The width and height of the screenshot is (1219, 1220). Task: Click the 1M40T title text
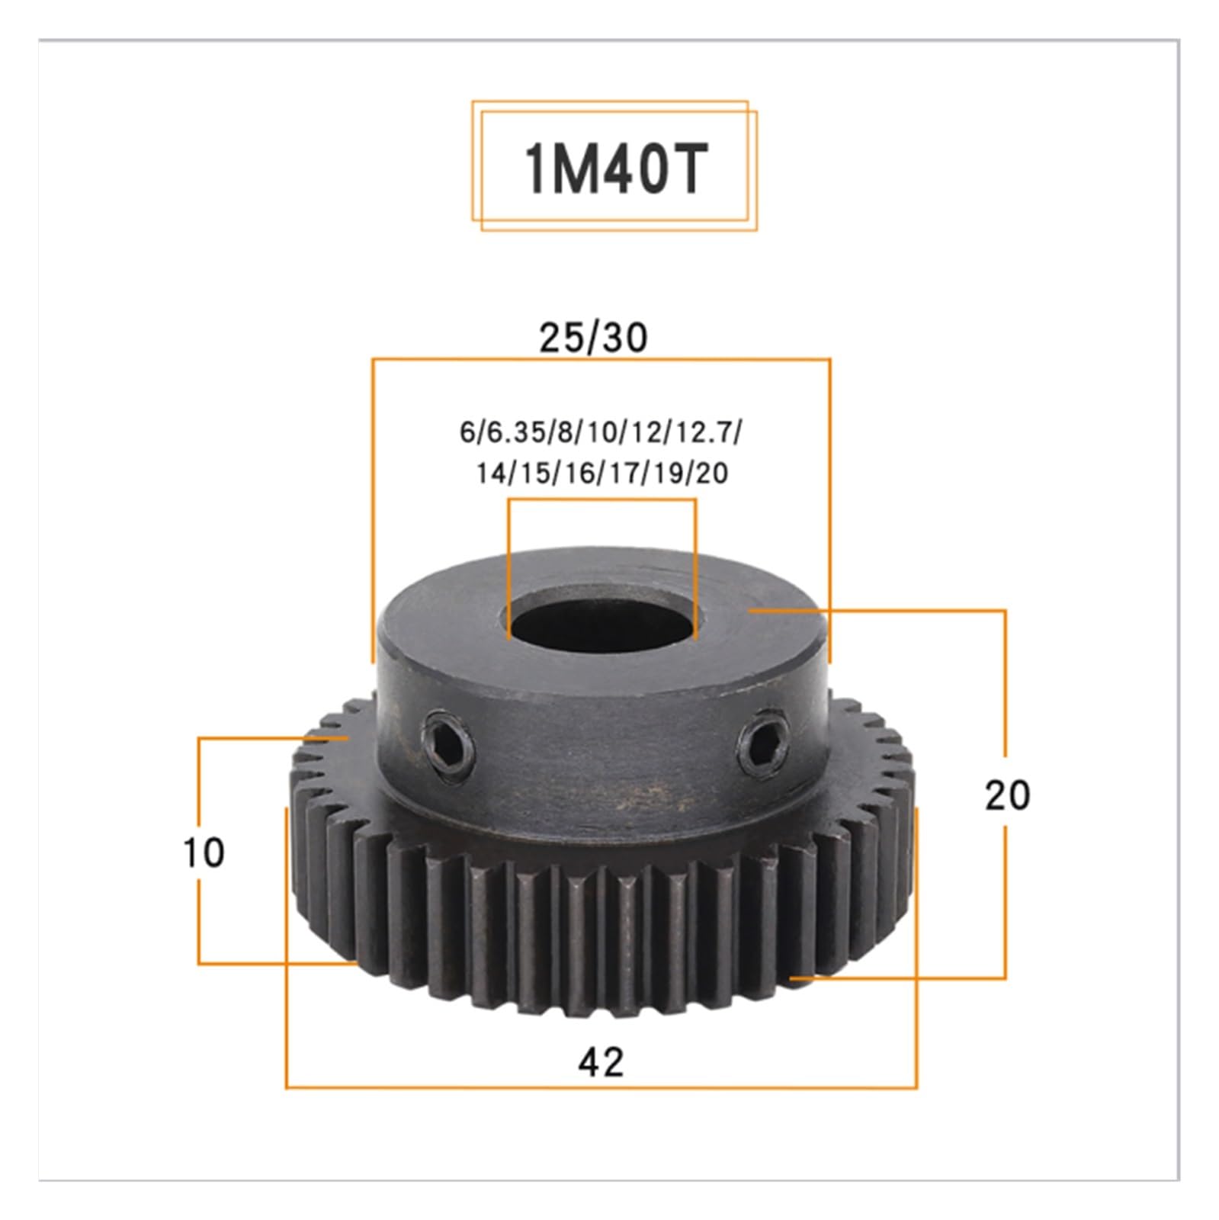tap(614, 169)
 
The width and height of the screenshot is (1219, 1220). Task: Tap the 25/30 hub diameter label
tap(593, 338)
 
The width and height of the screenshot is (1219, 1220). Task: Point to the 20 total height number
tap(1006, 795)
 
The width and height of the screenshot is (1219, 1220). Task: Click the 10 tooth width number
tap(204, 852)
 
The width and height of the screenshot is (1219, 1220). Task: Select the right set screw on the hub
tap(760, 738)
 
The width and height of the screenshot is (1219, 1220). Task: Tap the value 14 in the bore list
tap(492, 474)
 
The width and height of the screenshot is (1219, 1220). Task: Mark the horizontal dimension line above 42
tap(601, 1087)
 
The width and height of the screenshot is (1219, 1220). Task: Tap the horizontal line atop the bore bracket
tap(602, 500)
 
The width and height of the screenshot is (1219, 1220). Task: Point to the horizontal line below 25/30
tap(601, 359)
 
